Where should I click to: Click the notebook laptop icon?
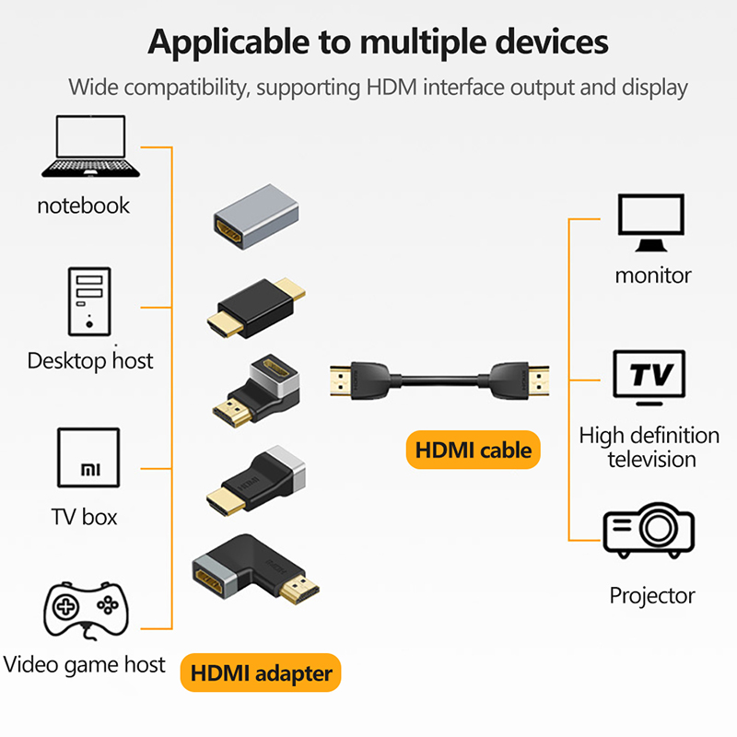(90, 146)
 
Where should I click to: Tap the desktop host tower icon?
(88, 301)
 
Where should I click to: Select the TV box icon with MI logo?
(88, 458)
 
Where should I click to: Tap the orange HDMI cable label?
(474, 450)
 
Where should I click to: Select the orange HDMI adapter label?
(261, 673)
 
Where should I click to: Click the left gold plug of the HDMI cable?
(342, 380)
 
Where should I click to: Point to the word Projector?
(651, 596)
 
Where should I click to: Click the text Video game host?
(85, 664)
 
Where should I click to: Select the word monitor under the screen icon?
(652, 275)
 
